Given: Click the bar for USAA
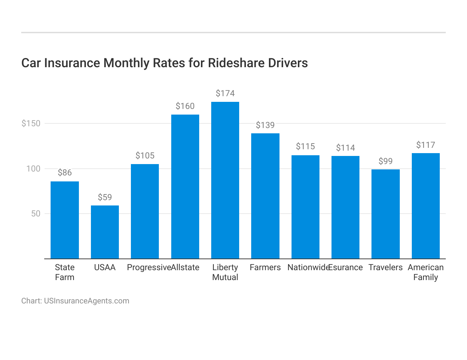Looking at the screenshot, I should [105, 232].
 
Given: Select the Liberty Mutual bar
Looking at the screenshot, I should [225, 180].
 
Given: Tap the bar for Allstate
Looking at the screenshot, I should [185, 187].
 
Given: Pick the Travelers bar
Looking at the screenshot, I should [385, 214].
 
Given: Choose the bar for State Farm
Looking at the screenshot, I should [65, 220].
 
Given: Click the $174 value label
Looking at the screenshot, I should [225, 93].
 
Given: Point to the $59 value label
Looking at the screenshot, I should [105, 197].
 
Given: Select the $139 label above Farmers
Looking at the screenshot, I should [265, 125].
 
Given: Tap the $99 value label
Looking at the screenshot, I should [385, 161].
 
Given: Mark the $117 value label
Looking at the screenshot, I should [425, 145].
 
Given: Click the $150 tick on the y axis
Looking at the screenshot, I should [31, 123].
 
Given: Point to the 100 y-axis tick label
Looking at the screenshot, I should [33, 169].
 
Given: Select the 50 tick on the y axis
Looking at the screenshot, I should [35, 214].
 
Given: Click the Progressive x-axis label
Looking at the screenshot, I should [149, 267].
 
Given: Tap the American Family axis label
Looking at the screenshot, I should [425, 272].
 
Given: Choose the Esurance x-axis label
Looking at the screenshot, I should [346, 267].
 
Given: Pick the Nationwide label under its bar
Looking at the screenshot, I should [308, 267].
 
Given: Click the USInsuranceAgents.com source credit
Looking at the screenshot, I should [86, 301].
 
